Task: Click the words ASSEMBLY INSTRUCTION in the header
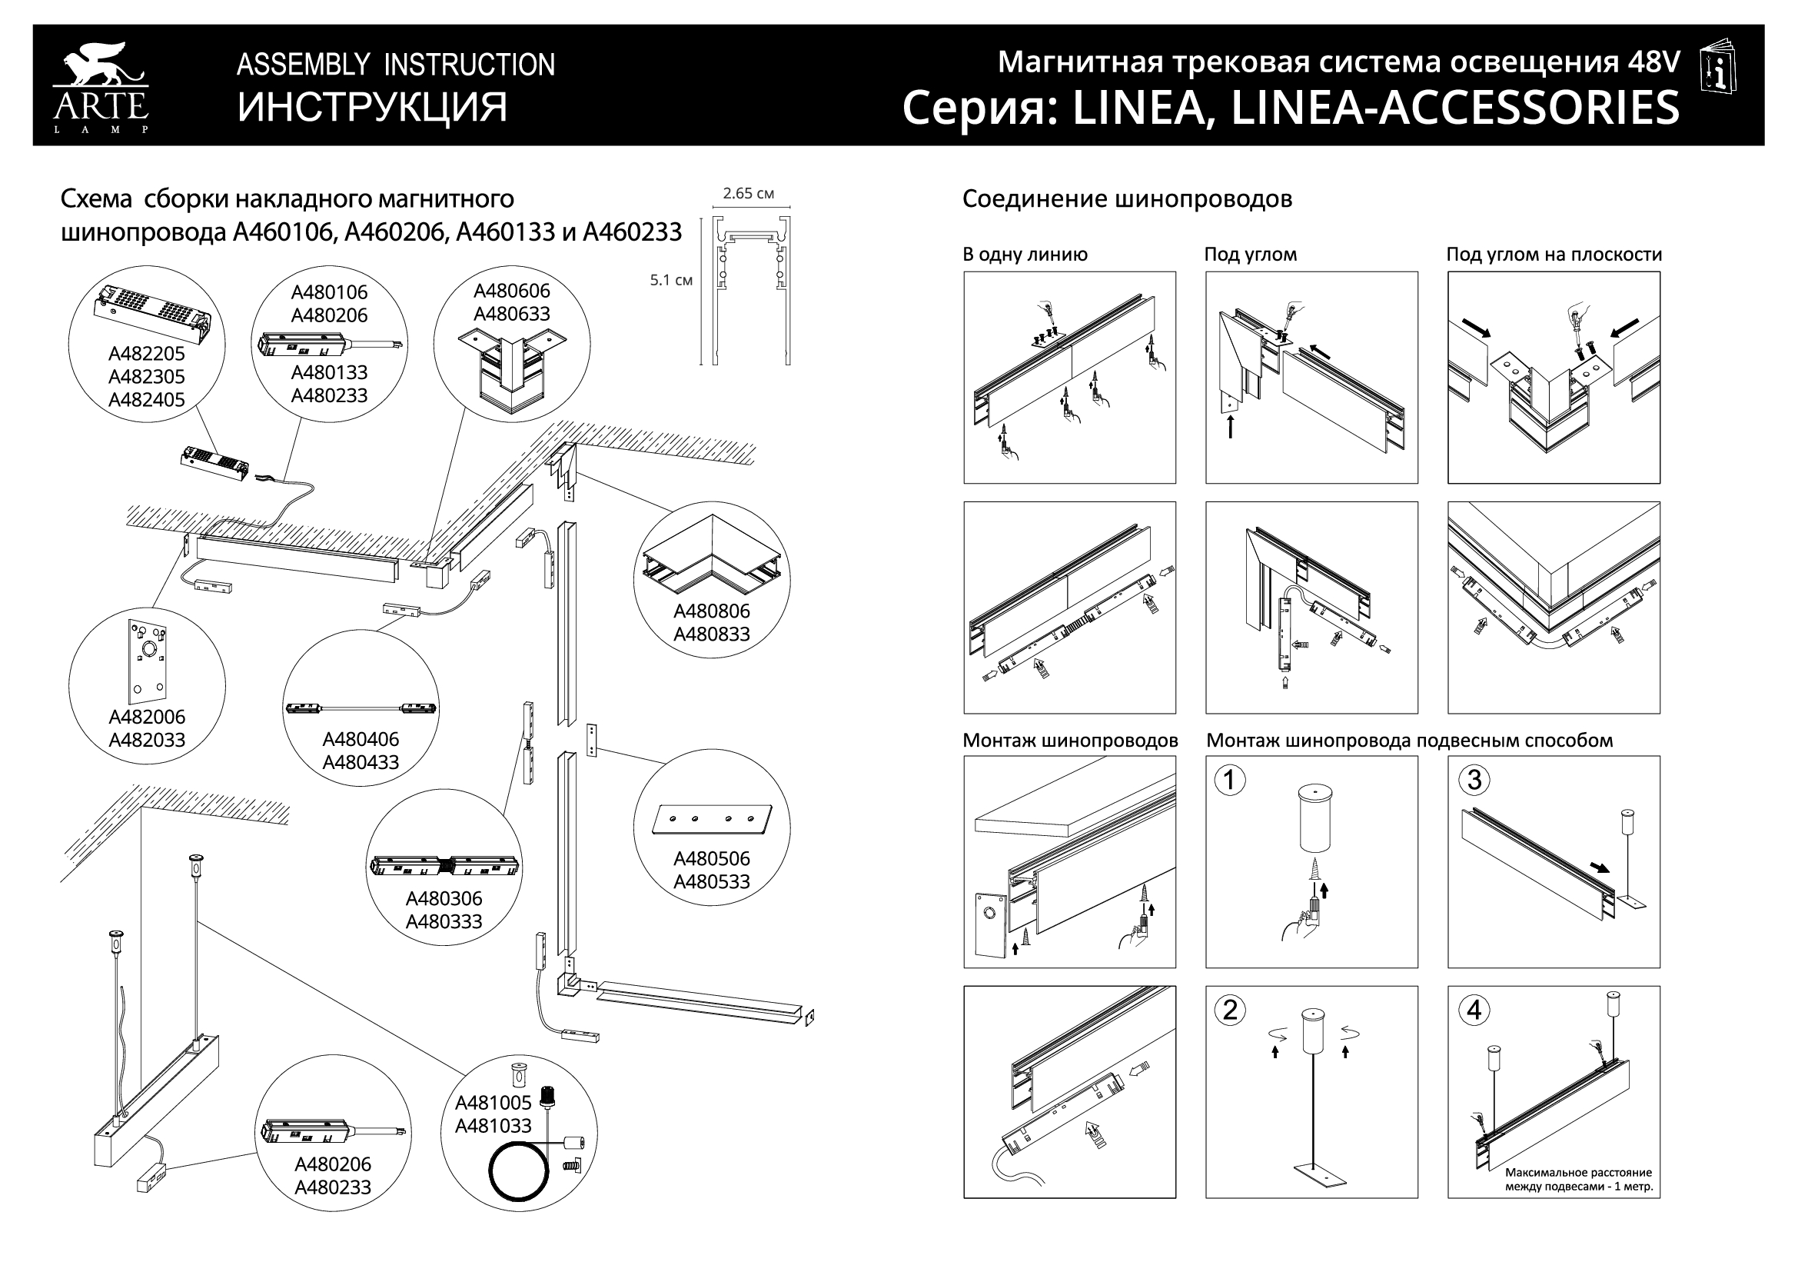(x=395, y=65)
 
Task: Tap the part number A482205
(x=147, y=354)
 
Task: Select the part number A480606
(x=511, y=291)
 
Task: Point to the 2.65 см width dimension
(x=748, y=194)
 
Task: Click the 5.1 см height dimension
(x=671, y=281)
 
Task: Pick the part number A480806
(x=711, y=611)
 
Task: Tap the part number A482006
(x=147, y=718)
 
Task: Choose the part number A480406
(x=361, y=739)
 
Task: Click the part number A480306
(x=444, y=899)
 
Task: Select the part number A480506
(x=711, y=859)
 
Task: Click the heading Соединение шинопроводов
(x=1127, y=200)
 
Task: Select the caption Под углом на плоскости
(x=1554, y=255)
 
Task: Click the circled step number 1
(x=1229, y=780)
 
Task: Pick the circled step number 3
(x=1474, y=780)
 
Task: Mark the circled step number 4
(x=1474, y=1011)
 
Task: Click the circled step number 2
(x=1229, y=1011)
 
